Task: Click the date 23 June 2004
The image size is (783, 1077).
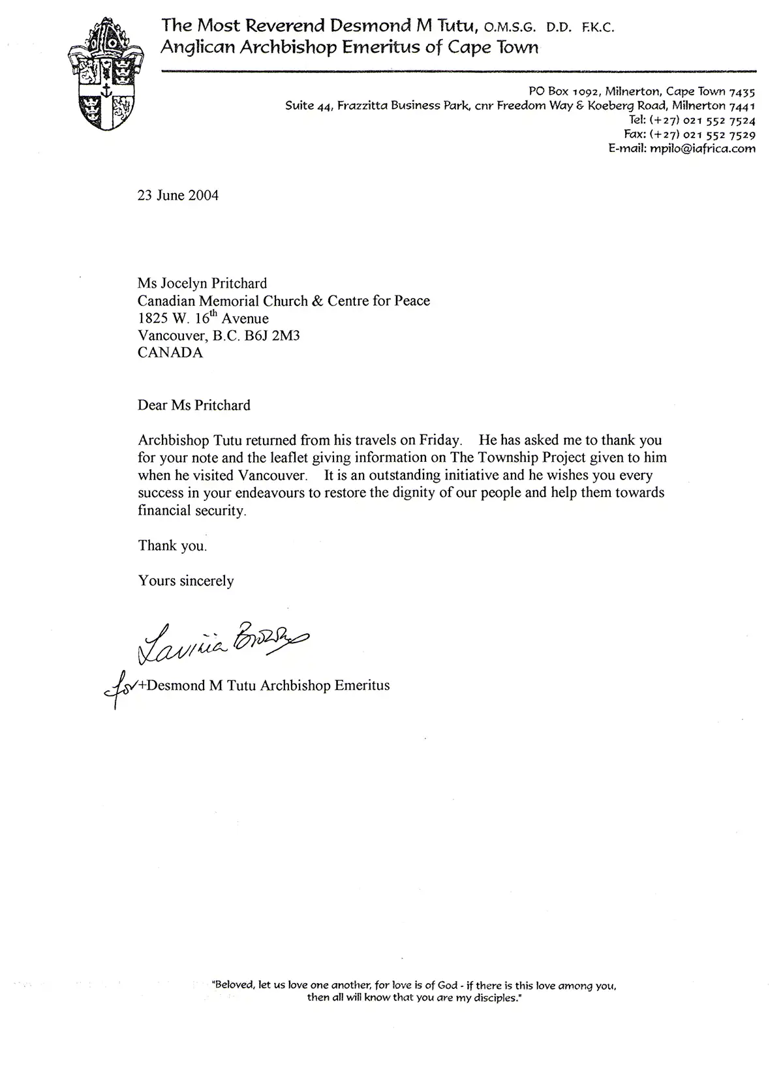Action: pyautogui.click(x=177, y=195)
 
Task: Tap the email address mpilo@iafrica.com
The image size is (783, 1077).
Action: pyautogui.click(x=700, y=148)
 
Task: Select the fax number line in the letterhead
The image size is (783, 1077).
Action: pyautogui.click(x=689, y=134)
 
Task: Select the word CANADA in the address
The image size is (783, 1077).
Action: pyautogui.click(x=170, y=352)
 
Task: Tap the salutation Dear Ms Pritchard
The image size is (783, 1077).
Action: pyautogui.click(x=194, y=405)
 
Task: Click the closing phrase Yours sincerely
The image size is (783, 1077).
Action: pyautogui.click(x=185, y=581)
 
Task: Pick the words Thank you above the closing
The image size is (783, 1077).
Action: pyautogui.click(x=172, y=545)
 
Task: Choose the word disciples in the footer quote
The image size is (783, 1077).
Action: pyautogui.click(x=493, y=998)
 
